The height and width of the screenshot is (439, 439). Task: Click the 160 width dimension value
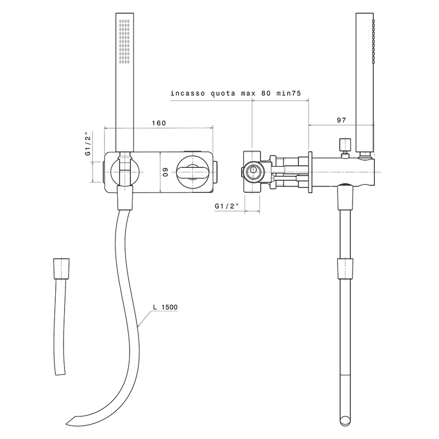pyautogui.click(x=159, y=123)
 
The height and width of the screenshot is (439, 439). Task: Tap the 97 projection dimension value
pyautogui.click(x=341, y=120)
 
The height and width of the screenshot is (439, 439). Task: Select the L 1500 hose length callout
pyautogui.click(x=165, y=307)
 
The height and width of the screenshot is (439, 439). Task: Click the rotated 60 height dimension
pyautogui.click(x=165, y=172)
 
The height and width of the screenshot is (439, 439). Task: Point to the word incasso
pyautogui.click(x=187, y=93)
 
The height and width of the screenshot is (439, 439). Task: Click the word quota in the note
pyautogui.click(x=223, y=93)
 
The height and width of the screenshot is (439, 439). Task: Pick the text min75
pyautogui.click(x=289, y=93)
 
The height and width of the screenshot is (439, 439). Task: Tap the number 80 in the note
pyautogui.click(x=266, y=93)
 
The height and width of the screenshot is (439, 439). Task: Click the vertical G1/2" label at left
pyautogui.click(x=88, y=144)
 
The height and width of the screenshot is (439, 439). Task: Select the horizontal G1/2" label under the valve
pyautogui.click(x=227, y=206)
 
